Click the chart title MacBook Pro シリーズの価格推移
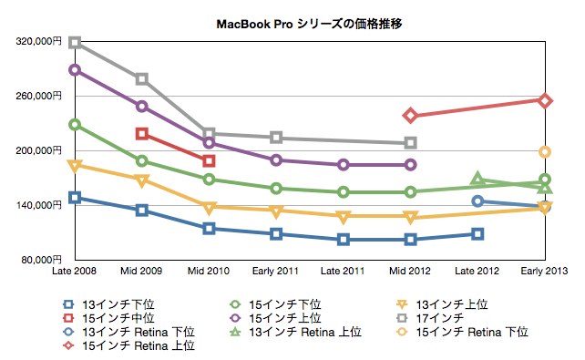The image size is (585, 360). (x=309, y=24)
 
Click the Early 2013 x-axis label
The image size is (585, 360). (x=544, y=271)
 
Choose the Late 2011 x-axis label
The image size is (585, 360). (x=343, y=271)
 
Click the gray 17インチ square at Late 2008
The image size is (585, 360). (x=75, y=42)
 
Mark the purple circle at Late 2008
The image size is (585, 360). (x=75, y=70)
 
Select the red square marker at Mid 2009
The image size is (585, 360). (x=142, y=134)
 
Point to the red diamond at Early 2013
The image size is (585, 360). (x=545, y=100)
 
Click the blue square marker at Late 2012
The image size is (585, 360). (x=477, y=234)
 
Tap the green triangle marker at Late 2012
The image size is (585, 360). (x=477, y=180)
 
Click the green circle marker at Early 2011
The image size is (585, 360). (x=276, y=189)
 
